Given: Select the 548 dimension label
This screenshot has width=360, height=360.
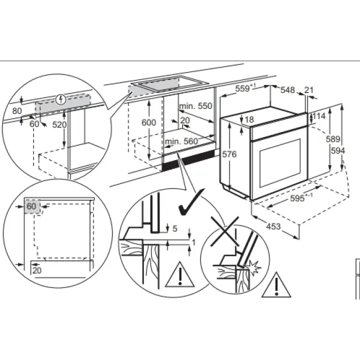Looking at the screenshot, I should (287, 90).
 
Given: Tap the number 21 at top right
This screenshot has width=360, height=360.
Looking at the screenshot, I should (308, 90).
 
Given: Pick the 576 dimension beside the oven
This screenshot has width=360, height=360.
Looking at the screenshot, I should (228, 154).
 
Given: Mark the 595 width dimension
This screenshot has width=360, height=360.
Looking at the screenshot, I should (299, 198).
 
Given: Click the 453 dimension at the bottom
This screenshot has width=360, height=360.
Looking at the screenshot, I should (272, 226).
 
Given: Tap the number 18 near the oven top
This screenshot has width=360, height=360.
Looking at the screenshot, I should (249, 119).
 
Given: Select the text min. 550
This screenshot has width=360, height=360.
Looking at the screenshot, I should (196, 106).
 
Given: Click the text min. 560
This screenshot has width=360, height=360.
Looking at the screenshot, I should (181, 141).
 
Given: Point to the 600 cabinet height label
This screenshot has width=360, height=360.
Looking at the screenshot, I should (148, 122).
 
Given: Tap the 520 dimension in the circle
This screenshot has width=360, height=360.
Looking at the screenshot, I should (59, 125).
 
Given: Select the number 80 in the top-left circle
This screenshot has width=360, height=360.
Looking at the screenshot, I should (17, 111).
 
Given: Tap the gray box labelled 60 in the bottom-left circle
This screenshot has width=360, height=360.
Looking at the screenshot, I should (32, 206).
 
